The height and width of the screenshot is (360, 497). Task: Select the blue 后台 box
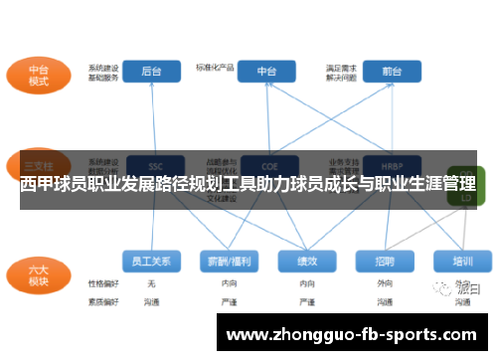point(151,72)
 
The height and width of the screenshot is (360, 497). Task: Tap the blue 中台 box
point(267,72)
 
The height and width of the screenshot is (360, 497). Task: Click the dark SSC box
point(155,165)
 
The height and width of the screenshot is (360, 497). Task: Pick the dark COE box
point(267,165)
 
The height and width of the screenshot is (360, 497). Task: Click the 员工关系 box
point(151,261)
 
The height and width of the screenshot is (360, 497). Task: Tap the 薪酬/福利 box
point(228,261)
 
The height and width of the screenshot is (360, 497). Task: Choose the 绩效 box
point(305,261)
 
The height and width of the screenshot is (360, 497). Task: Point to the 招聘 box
point(384,261)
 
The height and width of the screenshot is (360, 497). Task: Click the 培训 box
point(462,261)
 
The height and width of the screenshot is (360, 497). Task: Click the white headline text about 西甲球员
point(248,185)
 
